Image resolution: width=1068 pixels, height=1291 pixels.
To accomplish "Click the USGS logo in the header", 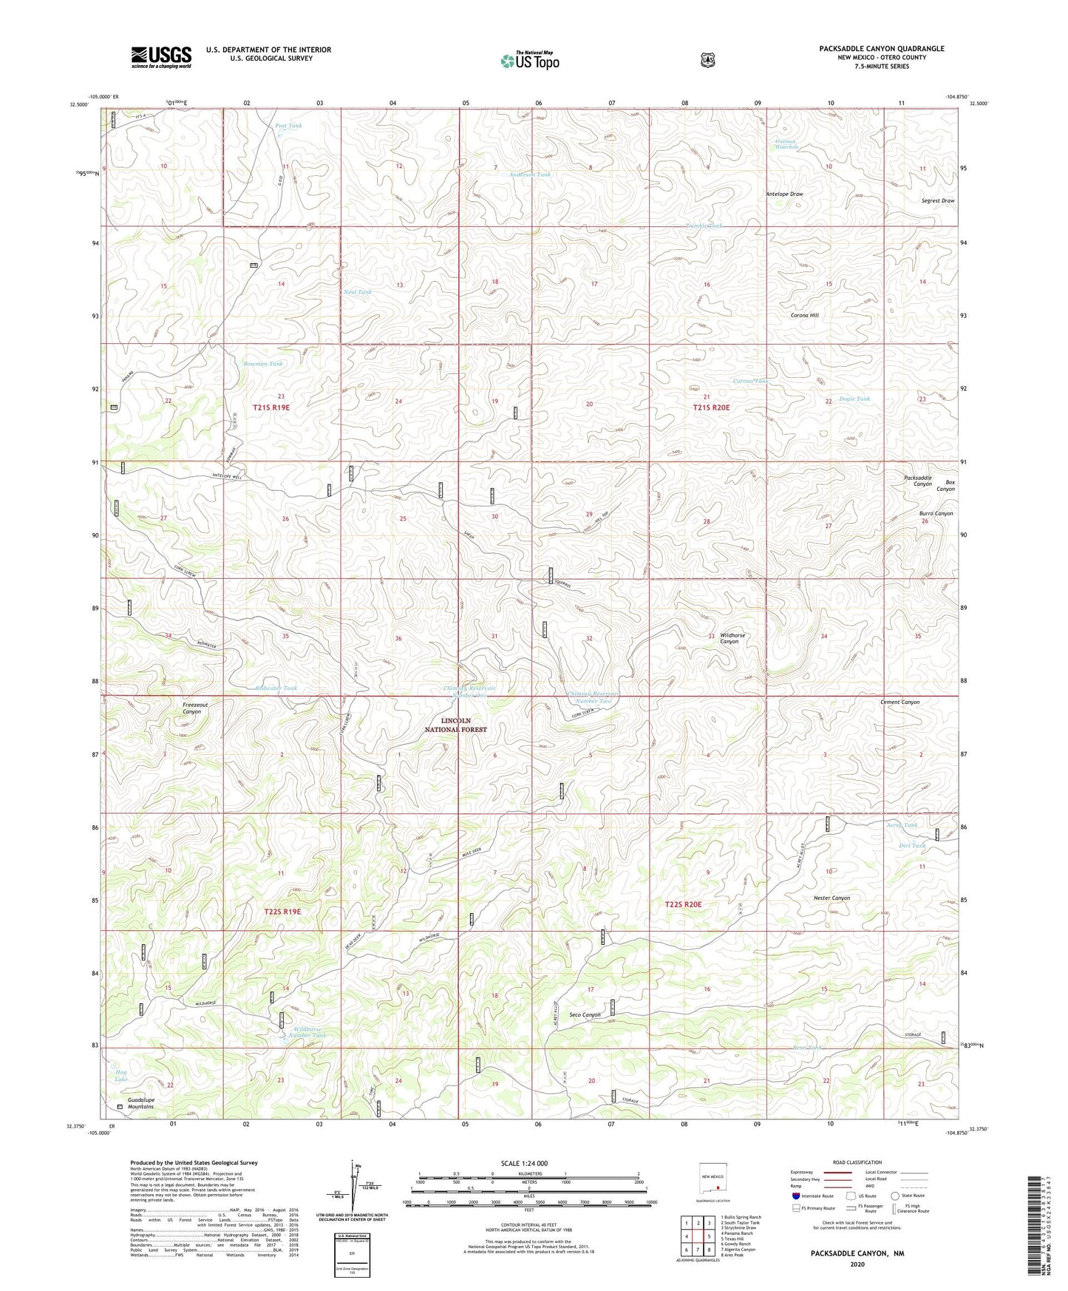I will (161, 56).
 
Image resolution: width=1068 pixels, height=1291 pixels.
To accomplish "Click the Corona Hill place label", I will (805, 315).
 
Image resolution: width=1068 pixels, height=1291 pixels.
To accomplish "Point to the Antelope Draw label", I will (784, 194).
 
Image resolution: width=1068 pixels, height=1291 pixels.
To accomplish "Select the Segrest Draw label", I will (938, 201).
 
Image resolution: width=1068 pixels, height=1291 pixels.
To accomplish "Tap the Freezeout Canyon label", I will (195, 708).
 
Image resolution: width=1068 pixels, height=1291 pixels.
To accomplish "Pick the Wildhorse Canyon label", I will (732, 638).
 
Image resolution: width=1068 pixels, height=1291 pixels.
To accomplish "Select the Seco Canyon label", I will (585, 1014).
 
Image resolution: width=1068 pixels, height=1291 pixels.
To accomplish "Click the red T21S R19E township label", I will (271, 407).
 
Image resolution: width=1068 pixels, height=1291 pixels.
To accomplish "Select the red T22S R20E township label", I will (683, 904).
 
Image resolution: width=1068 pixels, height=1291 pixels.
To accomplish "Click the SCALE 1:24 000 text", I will (524, 1163).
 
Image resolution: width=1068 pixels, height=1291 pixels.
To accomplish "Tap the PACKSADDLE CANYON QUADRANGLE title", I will (881, 49).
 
